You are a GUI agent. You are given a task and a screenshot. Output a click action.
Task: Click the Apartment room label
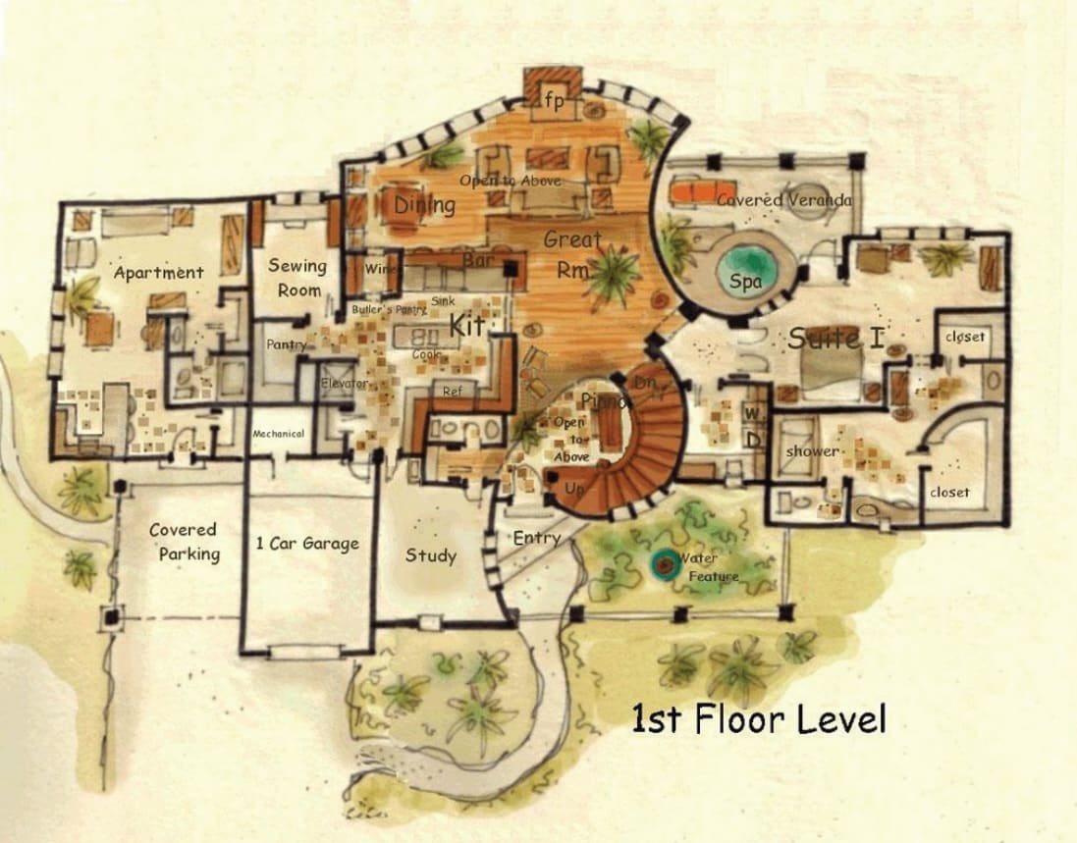158,273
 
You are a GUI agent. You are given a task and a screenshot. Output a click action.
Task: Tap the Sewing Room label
297,277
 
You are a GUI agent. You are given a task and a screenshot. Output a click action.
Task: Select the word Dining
425,205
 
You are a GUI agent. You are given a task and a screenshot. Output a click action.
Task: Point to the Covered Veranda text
783,200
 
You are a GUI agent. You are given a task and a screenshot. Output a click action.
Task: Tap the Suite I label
835,340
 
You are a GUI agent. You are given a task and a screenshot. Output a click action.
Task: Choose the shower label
813,451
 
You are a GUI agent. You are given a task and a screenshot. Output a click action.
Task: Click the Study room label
431,555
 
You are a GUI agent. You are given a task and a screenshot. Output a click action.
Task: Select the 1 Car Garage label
307,544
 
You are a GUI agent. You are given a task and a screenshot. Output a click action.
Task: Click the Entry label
537,538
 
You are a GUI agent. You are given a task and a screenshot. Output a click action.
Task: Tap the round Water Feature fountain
665,563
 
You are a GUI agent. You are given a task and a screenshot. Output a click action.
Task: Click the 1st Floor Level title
758,719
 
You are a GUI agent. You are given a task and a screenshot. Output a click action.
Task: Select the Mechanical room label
278,434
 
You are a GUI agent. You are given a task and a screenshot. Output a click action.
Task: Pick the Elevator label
345,383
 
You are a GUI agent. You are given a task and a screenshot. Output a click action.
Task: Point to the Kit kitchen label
466,324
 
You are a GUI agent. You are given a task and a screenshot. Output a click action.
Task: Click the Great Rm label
573,254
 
